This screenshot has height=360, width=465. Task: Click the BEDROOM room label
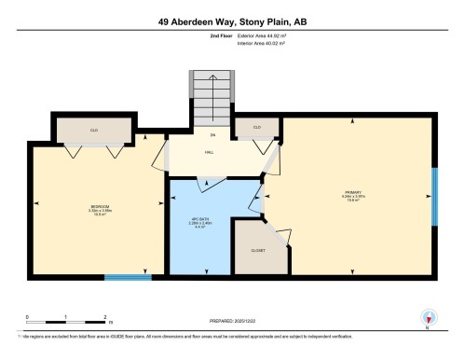(x=100, y=206)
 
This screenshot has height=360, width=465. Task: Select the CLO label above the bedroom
(x=94, y=130)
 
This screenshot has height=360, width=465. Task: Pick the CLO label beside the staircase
(x=256, y=127)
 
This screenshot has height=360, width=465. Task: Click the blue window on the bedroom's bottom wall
(x=128, y=276)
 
